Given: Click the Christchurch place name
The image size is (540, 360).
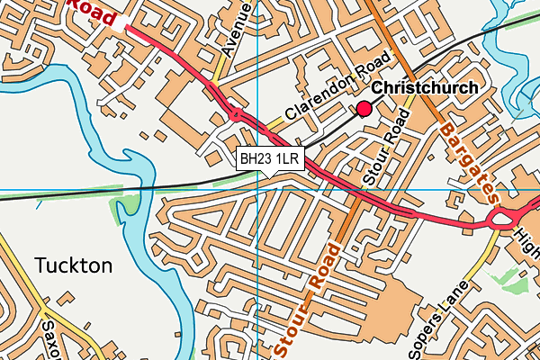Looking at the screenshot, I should [x=425, y=88].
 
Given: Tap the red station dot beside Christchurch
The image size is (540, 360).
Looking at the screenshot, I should [x=364, y=109].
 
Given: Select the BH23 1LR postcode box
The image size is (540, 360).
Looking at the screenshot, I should [x=270, y=159].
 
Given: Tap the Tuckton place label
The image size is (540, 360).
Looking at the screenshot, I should [x=74, y=265].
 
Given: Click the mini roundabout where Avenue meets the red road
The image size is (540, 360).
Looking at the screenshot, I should [x=237, y=115].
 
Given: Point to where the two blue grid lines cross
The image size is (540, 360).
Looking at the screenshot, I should [x=257, y=190].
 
